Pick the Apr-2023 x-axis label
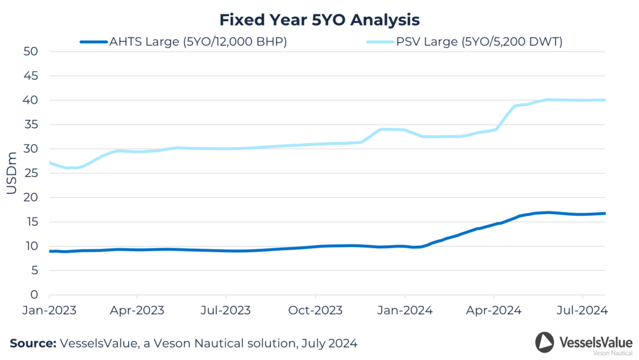[x=137, y=310]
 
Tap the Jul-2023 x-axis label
[x=227, y=310]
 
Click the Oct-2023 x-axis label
[x=316, y=310]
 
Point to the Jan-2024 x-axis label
[x=405, y=310]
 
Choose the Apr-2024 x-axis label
[x=494, y=310]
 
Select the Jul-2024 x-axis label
[x=582, y=310]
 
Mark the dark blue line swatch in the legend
[x=94, y=42]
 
